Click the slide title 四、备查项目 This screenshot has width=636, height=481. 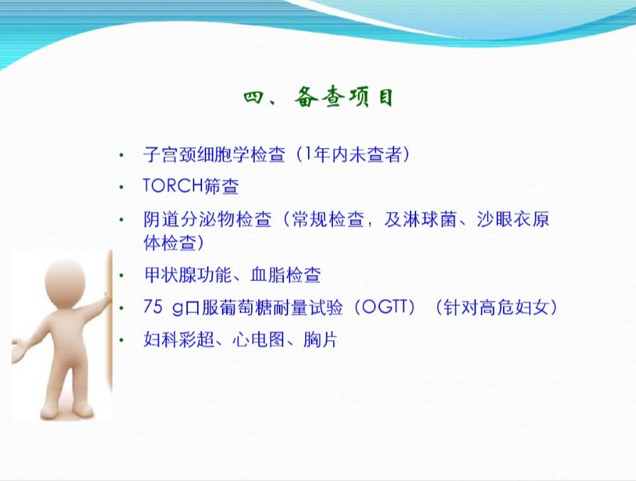(x=318, y=98)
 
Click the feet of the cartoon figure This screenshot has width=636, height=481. (x=68, y=411)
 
